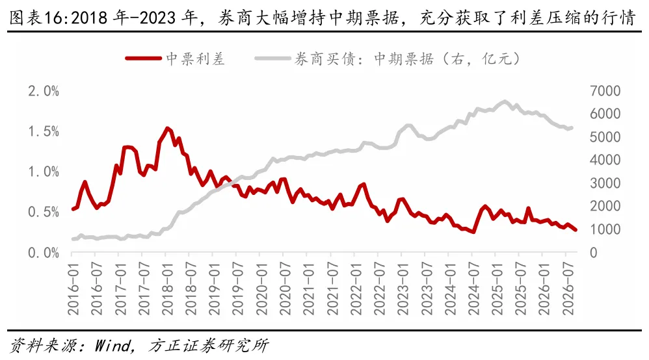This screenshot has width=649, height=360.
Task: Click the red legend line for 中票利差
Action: tap(143, 58)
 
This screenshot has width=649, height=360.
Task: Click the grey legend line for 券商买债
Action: tap(272, 58)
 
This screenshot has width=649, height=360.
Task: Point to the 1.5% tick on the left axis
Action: tap(44, 131)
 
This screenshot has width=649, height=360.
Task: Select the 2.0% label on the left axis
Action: tap(44, 91)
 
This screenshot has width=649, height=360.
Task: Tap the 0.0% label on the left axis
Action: tap(44, 253)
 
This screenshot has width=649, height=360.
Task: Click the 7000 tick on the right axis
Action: tap(605, 91)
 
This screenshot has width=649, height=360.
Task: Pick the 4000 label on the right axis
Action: tap(605, 160)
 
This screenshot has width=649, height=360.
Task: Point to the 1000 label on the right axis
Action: tap(605, 229)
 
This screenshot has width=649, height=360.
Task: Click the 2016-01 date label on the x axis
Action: tap(73, 288)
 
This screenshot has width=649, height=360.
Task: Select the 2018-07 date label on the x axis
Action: tap(191, 288)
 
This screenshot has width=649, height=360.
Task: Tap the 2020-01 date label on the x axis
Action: tap(261, 288)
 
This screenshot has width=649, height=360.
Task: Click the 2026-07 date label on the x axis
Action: tap(568, 288)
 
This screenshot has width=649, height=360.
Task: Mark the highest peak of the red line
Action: tap(167, 128)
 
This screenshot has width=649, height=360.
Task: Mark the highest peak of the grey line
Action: tap(505, 101)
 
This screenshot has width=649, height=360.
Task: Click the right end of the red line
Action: tap(576, 229)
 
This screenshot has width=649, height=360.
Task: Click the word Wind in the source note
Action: tap(113, 346)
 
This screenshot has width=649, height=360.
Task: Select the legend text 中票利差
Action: tap(195, 58)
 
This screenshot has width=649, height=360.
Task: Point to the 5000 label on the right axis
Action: tap(605, 137)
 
